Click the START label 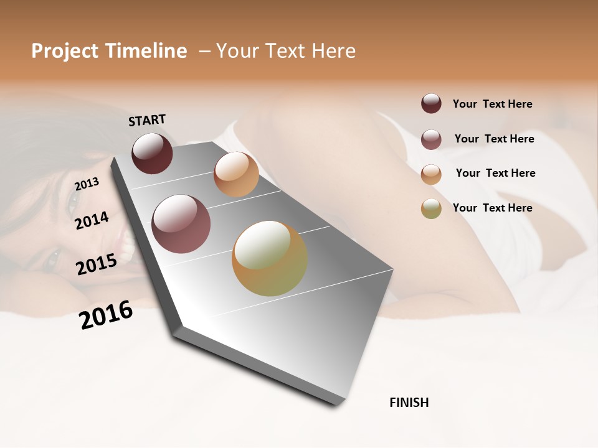147,120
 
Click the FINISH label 409,403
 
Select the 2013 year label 87,184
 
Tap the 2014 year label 92,220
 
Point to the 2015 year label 97,264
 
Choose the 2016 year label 106,314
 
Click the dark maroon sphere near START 152,153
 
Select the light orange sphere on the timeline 236,174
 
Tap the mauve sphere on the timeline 181,224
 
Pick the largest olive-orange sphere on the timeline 270,258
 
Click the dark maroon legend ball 431,104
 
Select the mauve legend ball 431,139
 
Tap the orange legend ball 431,174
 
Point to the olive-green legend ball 431,208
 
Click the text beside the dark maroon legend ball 492,104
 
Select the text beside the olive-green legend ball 492,208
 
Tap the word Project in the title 65,51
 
